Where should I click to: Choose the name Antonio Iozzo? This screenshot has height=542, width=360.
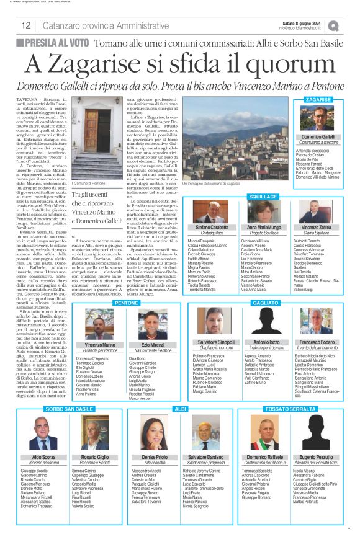266,342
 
